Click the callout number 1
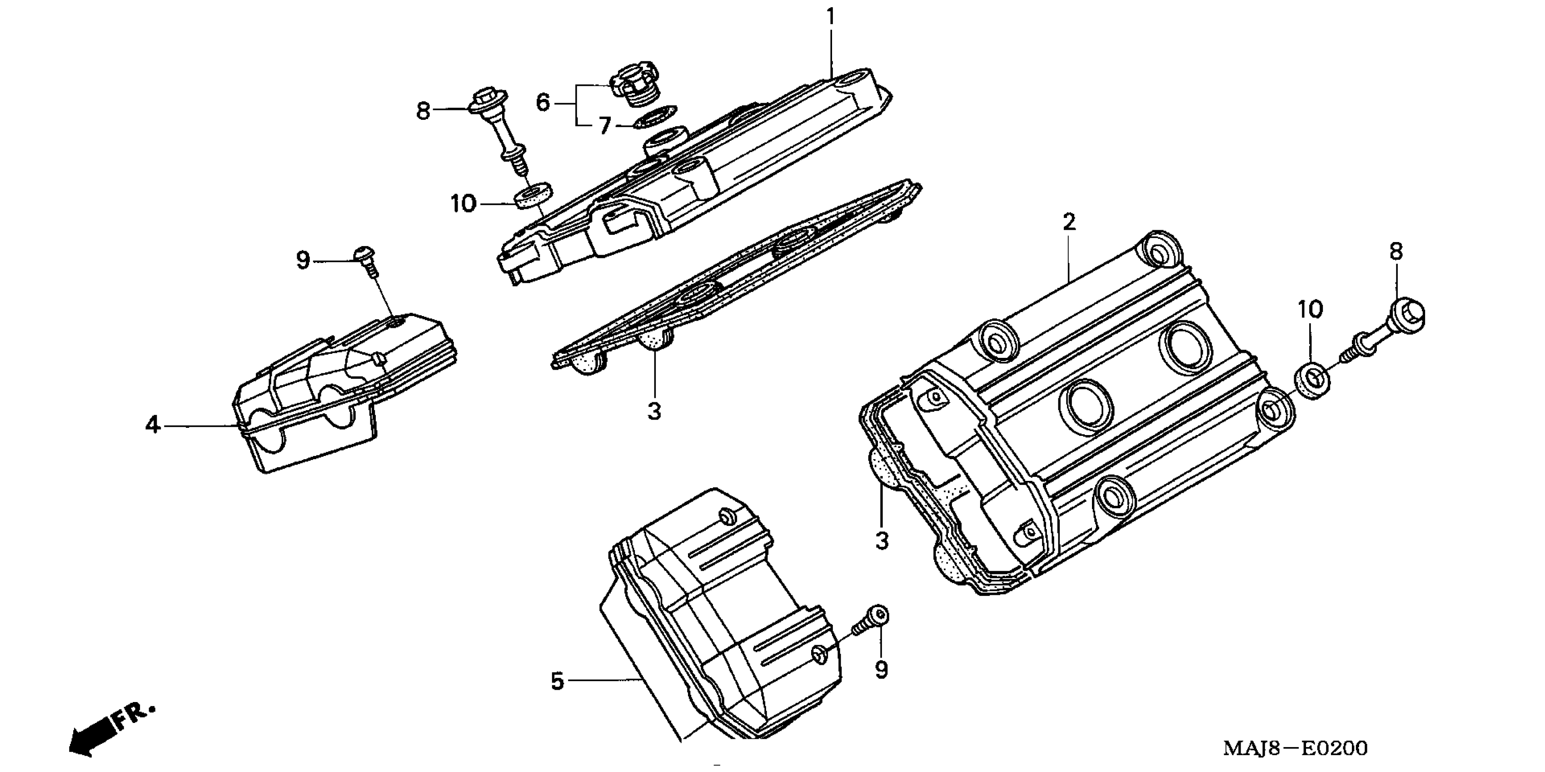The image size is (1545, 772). click(831, 17)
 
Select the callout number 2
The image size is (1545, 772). click(1069, 223)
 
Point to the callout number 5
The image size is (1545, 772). click(557, 682)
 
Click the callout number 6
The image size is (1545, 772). click(542, 103)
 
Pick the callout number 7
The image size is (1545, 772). click(604, 126)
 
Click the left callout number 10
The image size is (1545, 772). click(463, 204)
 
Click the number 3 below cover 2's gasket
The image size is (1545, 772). click(881, 541)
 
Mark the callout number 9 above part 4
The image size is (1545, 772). click(303, 261)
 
